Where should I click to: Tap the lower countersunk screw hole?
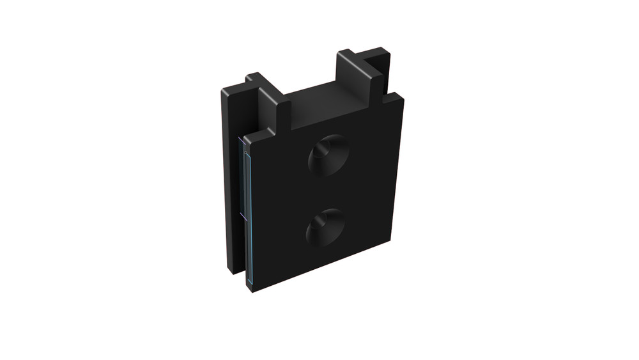point(325,228)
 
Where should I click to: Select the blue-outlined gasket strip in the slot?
point(248,211)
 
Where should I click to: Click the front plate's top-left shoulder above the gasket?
point(250,137)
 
